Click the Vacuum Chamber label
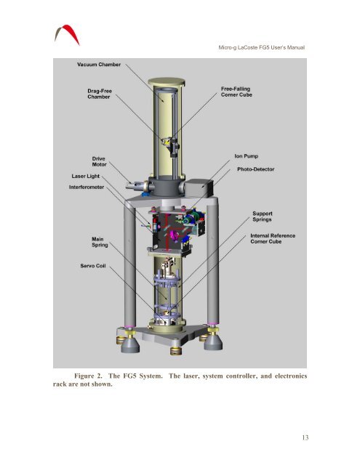tap(99, 65)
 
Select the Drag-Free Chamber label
tap(100, 94)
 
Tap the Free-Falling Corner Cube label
tap(236, 92)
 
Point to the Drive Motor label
tap(99, 161)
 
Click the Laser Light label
tap(86, 176)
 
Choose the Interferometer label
tap(87, 187)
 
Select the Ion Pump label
tap(246, 156)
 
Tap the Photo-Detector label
tap(255, 169)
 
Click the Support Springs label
tap(262, 217)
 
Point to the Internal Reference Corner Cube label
tap(273, 238)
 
